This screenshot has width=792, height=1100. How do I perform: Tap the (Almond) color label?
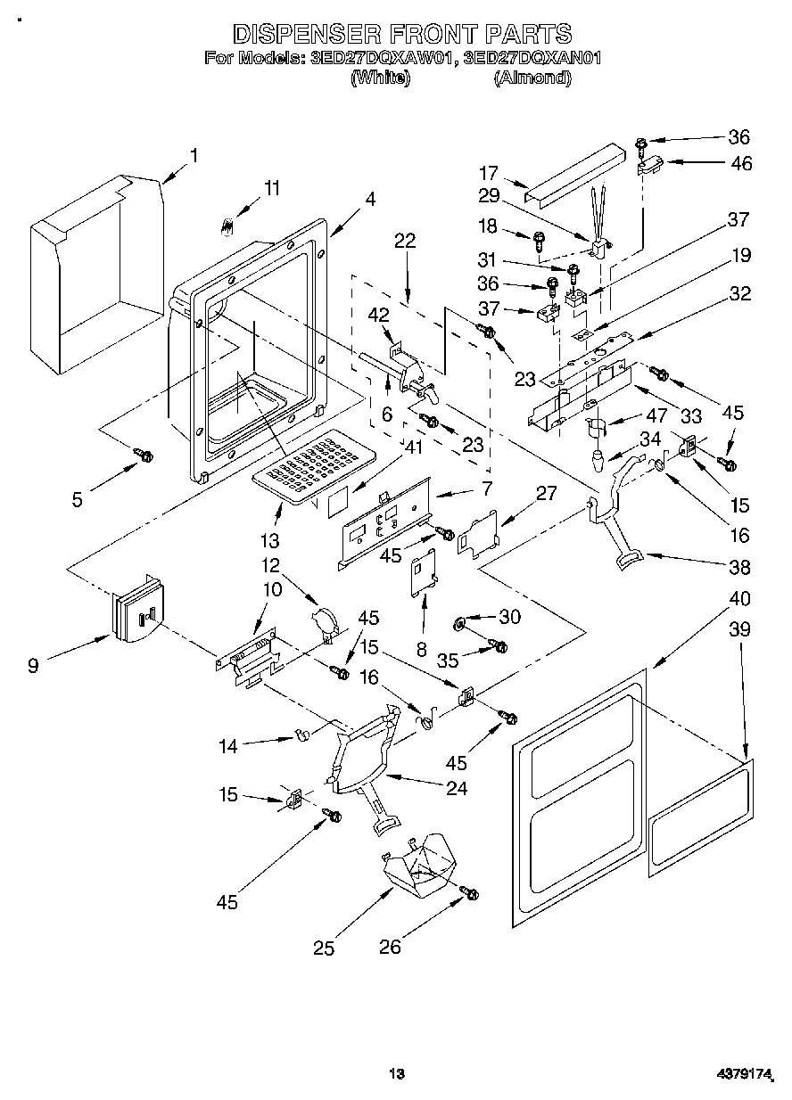point(532,78)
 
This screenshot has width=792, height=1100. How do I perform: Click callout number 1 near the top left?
point(194,155)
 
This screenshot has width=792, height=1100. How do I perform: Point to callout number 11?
point(271,188)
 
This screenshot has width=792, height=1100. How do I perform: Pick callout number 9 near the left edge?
point(33,664)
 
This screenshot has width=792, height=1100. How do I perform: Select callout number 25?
point(324,948)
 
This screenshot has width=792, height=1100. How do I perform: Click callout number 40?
point(739,597)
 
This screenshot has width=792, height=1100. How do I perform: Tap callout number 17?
point(512,174)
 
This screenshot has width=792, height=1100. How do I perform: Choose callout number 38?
point(739,567)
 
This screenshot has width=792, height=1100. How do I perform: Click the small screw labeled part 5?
point(143,456)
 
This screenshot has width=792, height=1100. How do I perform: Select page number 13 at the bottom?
point(397,1073)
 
